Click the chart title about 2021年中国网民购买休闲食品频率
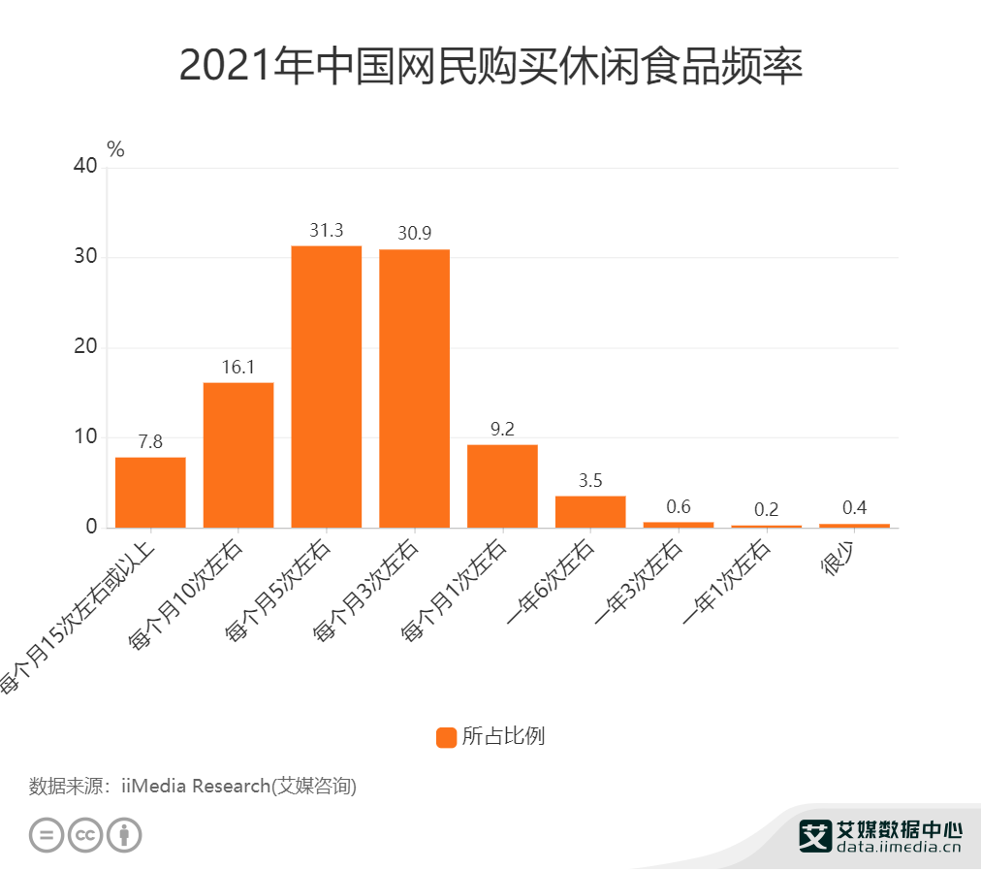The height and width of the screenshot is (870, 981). pos(490,67)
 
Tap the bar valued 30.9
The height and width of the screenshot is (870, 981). pos(414,388)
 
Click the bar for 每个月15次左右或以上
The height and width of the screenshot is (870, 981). pos(150,492)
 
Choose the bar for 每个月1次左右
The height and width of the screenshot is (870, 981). pos(502,485)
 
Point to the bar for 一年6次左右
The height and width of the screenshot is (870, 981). pos(590,511)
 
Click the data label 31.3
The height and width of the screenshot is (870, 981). pos(327,231)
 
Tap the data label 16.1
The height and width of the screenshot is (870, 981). pos(238,368)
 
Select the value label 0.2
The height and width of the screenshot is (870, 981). pos(767,510)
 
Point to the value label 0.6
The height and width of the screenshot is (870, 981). pos(679,507)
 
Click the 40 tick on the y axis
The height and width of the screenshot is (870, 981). pos(85,167)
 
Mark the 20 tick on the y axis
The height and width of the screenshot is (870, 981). pos(85,347)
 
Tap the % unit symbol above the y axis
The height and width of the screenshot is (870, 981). pos(115,149)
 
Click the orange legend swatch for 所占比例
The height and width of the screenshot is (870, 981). pos(446,737)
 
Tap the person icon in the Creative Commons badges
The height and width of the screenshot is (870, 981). pos(124,834)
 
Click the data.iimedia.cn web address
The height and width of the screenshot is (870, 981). pos(898,847)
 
